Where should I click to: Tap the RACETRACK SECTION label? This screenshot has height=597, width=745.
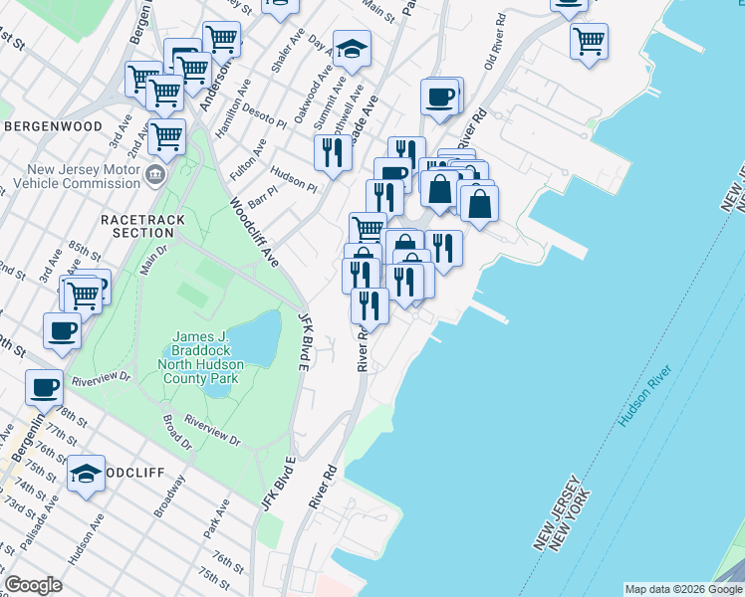[x=137, y=225]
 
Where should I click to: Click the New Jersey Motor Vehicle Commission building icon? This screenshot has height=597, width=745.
[x=154, y=176]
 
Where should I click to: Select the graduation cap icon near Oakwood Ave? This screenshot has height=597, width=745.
[x=352, y=49]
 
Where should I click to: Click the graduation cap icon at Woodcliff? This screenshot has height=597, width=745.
[x=87, y=473]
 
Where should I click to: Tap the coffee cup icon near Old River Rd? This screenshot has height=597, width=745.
[x=439, y=98]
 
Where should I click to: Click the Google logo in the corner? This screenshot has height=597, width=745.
[x=34, y=585]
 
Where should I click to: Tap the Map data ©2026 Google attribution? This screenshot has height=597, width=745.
[x=682, y=589]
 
